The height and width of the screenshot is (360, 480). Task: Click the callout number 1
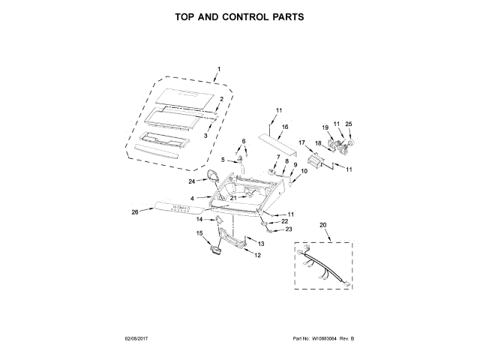(x=218, y=70)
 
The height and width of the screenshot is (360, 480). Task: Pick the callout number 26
(x=135, y=211)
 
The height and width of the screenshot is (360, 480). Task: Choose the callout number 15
(x=199, y=233)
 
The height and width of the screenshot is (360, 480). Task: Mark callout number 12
(x=257, y=255)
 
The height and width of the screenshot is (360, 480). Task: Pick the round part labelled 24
(x=214, y=177)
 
